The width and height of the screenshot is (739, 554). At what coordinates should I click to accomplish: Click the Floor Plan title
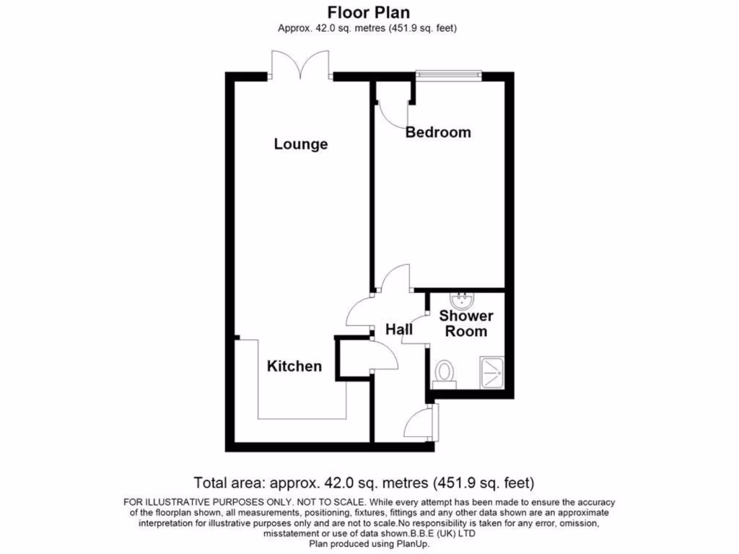(x=369, y=12)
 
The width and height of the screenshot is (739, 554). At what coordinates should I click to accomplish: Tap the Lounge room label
(x=300, y=144)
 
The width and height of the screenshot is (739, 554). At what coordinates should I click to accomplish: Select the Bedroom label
(x=437, y=133)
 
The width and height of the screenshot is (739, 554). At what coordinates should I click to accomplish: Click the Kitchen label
(x=294, y=366)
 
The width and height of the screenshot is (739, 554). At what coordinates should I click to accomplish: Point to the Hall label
(x=398, y=330)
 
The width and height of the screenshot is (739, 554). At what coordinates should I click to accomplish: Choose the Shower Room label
(x=466, y=324)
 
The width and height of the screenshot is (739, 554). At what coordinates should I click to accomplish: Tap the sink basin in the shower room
(x=459, y=299)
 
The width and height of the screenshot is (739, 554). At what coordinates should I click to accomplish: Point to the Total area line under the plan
(x=364, y=483)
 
